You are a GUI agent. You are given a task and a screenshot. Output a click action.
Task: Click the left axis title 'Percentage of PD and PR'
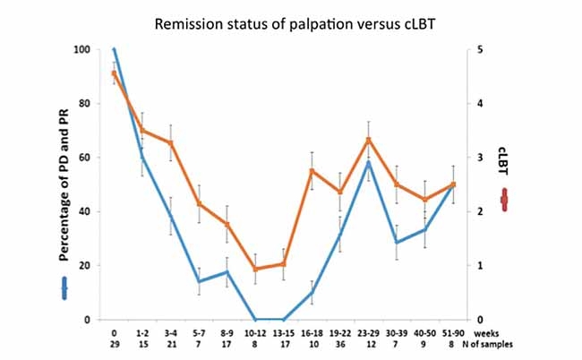click(65, 184)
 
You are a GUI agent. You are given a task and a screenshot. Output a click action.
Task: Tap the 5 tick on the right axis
click(480, 49)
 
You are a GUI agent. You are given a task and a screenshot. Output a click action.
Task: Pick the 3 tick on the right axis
click(480, 158)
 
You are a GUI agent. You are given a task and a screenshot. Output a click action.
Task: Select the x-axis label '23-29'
click(367, 332)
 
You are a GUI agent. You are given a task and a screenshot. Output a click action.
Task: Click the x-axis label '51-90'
click(451, 332)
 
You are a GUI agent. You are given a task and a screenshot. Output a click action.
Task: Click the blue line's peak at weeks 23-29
click(368, 162)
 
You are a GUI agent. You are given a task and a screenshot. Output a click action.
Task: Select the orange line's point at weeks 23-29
click(368, 140)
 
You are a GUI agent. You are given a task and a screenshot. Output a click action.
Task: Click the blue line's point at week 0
click(114, 49)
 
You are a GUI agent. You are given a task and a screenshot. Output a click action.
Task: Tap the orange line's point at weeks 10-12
click(255, 269)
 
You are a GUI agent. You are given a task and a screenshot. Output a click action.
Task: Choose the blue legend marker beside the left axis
click(64, 287)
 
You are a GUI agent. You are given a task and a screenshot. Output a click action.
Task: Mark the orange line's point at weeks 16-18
click(312, 171)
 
